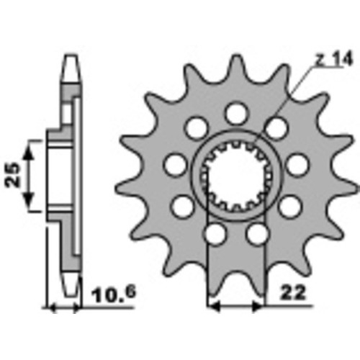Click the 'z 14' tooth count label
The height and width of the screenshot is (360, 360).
click(x=334, y=58)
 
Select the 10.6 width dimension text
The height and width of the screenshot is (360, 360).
click(x=114, y=295)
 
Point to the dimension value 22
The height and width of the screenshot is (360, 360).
click(x=293, y=293)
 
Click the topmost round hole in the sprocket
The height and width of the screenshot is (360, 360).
click(x=236, y=113)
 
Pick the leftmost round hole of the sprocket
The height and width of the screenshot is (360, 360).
click(x=176, y=165)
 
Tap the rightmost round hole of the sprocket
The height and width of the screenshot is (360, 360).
click(x=297, y=165)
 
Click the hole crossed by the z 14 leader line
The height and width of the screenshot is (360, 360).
click(x=276, y=128)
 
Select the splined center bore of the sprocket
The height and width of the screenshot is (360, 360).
click(x=236, y=174)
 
